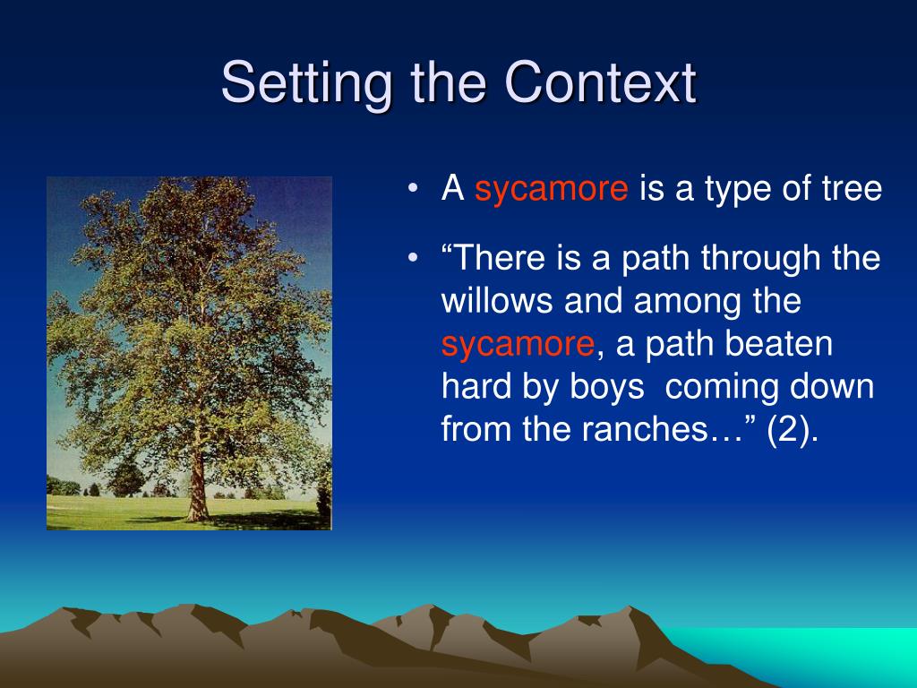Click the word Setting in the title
pyautogui.click(x=306, y=83)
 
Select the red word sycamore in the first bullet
pyautogui.click(x=552, y=188)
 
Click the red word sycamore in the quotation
pyautogui.click(x=518, y=343)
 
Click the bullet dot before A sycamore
pyautogui.click(x=414, y=188)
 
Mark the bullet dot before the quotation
pyautogui.click(x=414, y=257)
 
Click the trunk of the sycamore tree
pyautogui.click(x=198, y=486)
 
